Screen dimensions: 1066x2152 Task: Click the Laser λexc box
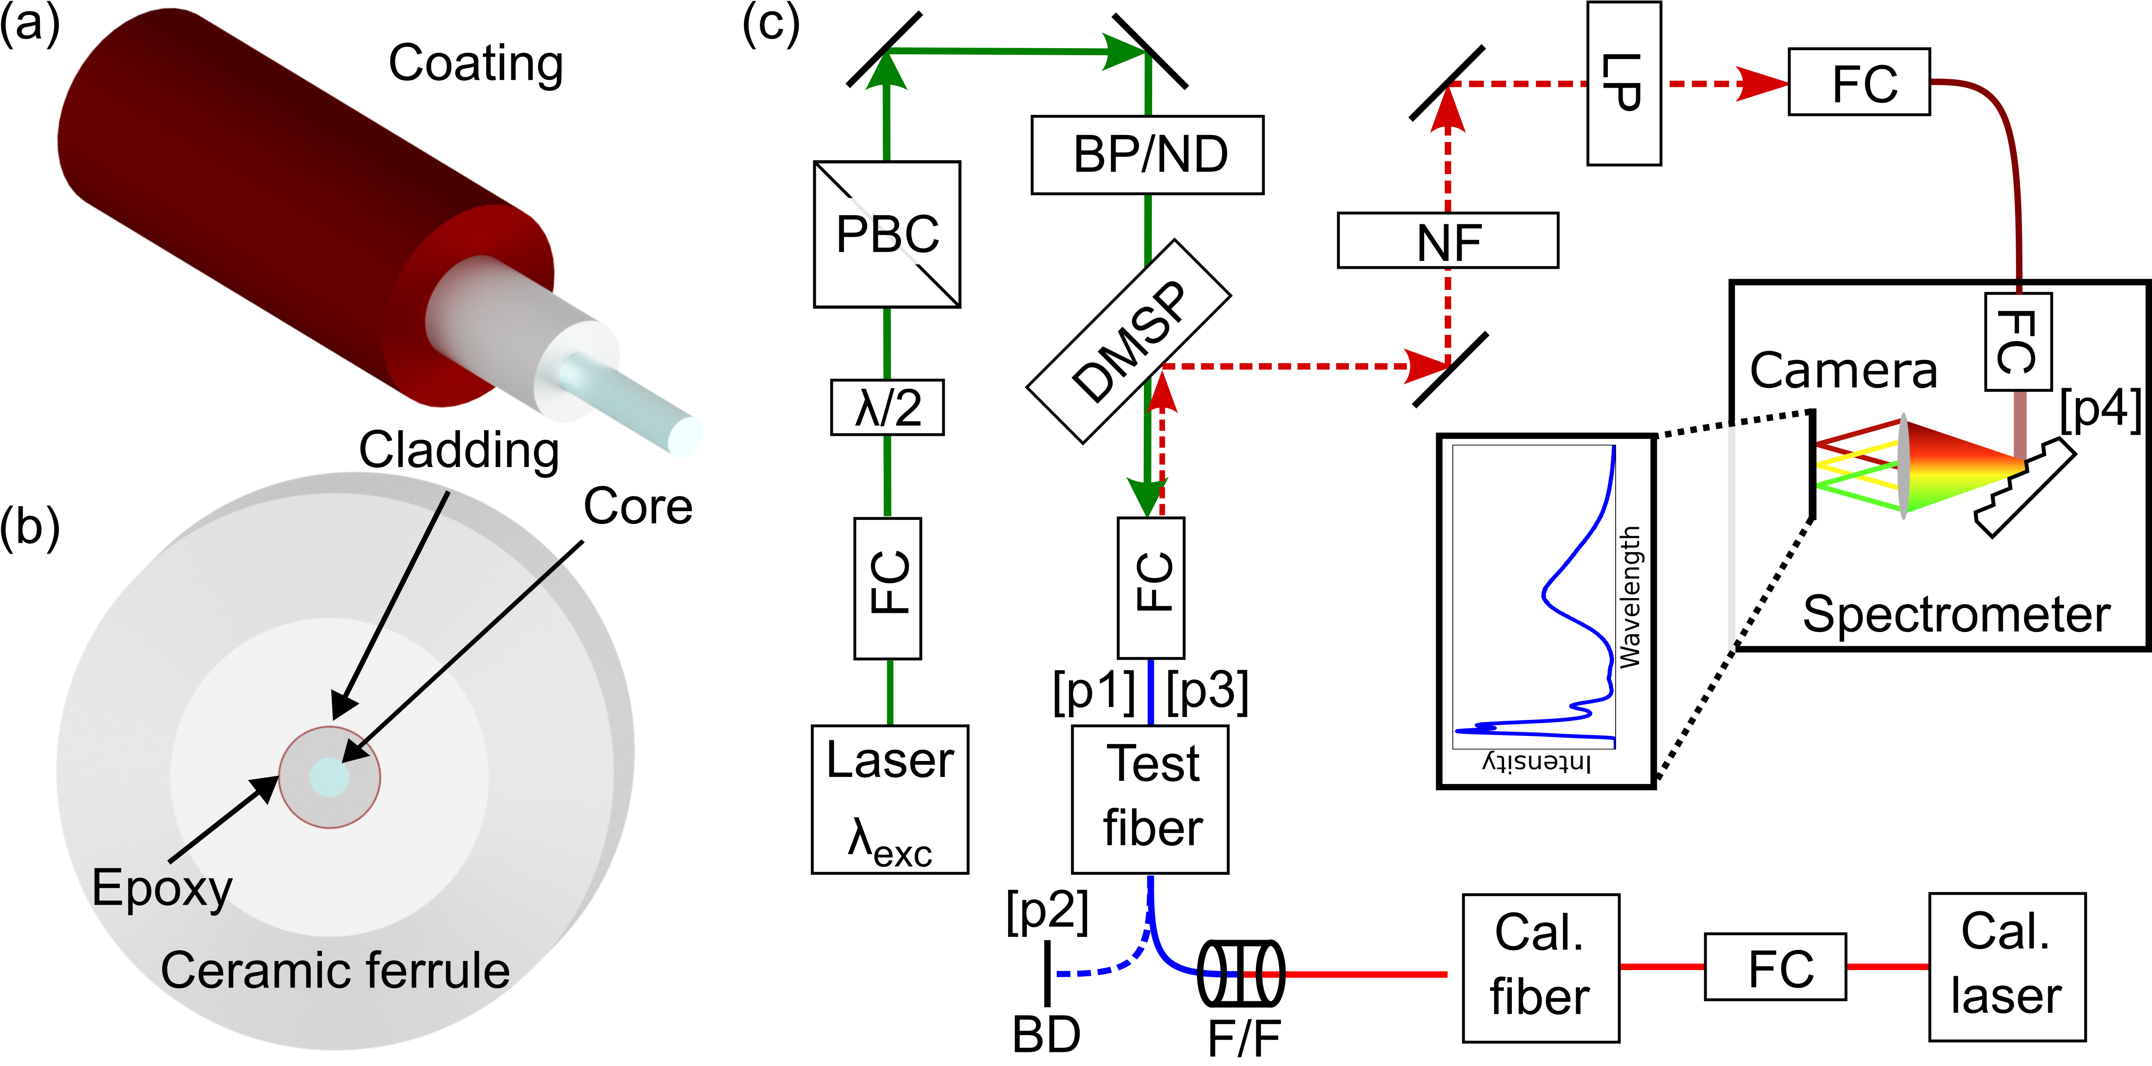click(890, 799)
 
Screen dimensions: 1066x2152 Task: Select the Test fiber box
click(1151, 799)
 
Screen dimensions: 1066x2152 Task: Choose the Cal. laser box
click(2007, 966)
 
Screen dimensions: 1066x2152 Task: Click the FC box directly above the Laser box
click(887, 588)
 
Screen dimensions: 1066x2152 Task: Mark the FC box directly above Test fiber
click(1151, 588)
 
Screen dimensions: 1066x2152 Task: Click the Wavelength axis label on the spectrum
click(1630, 596)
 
